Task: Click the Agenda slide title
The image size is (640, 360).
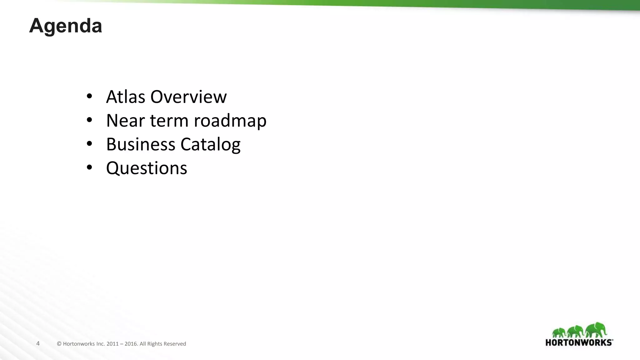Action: click(66, 26)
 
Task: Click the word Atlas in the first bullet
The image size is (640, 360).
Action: click(126, 97)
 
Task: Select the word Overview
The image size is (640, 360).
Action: click(188, 97)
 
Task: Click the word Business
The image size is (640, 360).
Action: click(141, 144)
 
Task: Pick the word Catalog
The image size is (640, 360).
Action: click(210, 145)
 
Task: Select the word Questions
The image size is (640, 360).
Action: click(147, 169)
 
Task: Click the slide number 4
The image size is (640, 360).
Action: click(38, 344)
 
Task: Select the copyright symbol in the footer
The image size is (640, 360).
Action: click(59, 344)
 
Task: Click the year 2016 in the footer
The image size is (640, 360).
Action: click(131, 344)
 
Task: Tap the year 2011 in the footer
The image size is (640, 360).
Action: click(112, 344)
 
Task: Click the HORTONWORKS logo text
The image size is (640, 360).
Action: click(579, 342)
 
